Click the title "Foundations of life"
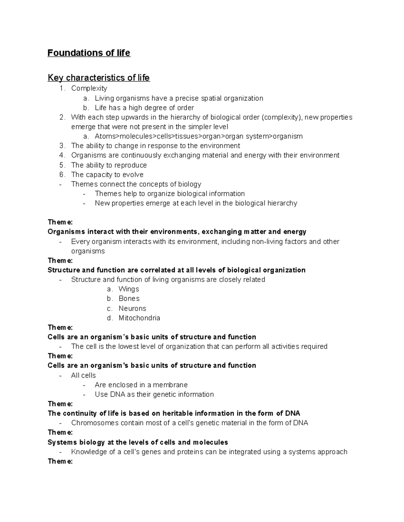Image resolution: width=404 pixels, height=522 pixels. (89, 53)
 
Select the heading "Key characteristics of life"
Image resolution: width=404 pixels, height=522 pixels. (98, 78)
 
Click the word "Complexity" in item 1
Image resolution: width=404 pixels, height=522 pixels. (89, 88)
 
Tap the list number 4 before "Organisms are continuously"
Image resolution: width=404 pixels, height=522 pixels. (61, 155)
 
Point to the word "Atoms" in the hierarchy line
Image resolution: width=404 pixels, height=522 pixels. (105, 136)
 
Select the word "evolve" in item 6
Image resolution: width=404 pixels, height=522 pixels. (133, 175)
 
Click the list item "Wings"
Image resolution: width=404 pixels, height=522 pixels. (129, 289)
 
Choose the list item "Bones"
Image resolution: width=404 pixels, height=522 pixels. (129, 298)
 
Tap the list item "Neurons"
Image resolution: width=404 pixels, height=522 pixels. (132, 308)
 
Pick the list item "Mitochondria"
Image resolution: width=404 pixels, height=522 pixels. (139, 318)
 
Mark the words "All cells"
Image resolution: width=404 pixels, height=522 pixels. (83, 375)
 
